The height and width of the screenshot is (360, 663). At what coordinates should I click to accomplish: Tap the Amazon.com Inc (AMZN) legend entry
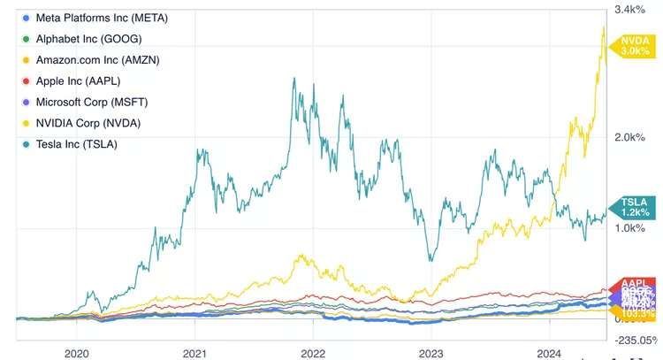(x=97, y=59)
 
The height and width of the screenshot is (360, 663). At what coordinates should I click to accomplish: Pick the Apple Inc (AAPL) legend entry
(x=79, y=80)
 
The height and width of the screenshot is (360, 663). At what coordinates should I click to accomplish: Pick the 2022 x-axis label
(x=313, y=351)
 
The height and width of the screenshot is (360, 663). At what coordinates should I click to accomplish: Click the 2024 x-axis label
(x=548, y=351)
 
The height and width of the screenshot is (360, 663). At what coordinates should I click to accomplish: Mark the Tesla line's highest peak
(x=293, y=78)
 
